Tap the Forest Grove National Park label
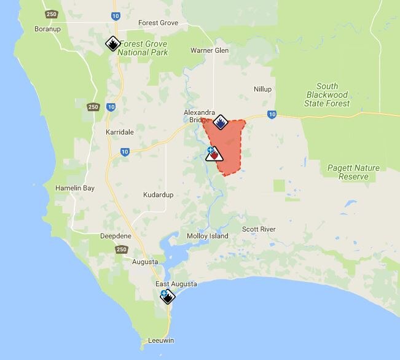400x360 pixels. point(144,48)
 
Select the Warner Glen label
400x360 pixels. point(210,50)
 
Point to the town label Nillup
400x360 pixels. point(262,89)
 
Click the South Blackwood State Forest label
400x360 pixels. point(327,95)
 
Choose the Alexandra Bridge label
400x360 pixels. point(199,116)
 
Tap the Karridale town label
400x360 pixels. point(119,132)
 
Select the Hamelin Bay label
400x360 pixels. point(75,188)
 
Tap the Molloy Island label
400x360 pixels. point(207,236)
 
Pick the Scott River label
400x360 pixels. point(259,229)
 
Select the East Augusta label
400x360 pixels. point(176,284)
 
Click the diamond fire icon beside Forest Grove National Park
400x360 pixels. point(112,44)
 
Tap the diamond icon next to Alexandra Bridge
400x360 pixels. point(221,122)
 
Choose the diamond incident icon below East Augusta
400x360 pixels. point(167,296)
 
